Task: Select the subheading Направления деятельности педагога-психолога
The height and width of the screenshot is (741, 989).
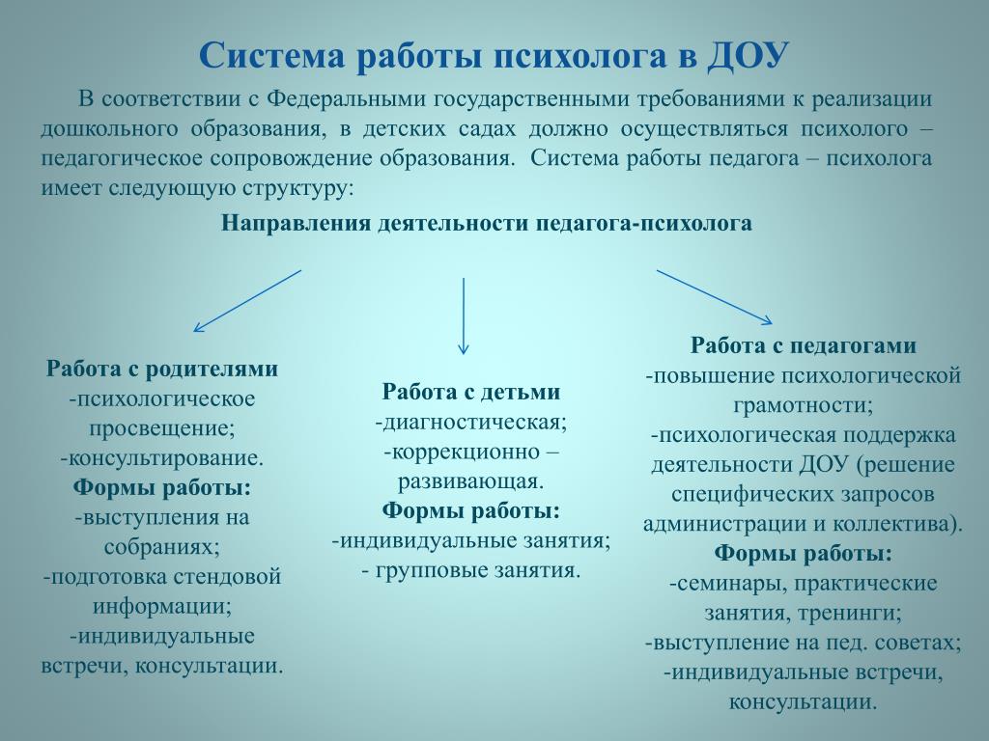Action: tap(487, 224)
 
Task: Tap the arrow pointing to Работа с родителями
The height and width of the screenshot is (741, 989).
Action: tap(247, 301)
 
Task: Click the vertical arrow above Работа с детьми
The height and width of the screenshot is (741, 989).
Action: tap(464, 316)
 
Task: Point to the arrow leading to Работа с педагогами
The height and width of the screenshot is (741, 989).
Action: tap(715, 297)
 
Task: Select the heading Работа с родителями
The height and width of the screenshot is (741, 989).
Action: tap(162, 369)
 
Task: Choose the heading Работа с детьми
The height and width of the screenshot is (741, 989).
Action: tap(471, 392)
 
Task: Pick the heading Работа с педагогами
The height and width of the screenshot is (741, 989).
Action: tap(803, 346)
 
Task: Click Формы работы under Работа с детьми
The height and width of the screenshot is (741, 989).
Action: tap(471, 511)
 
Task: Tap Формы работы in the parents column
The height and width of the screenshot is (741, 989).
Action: tap(162, 487)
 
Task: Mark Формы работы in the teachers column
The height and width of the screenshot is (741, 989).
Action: tap(803, 554)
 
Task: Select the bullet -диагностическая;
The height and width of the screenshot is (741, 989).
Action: tap(471, 423)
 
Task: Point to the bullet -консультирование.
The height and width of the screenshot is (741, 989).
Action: tap(162, 458)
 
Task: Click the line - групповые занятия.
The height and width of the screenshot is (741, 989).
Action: tap(471, 571)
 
